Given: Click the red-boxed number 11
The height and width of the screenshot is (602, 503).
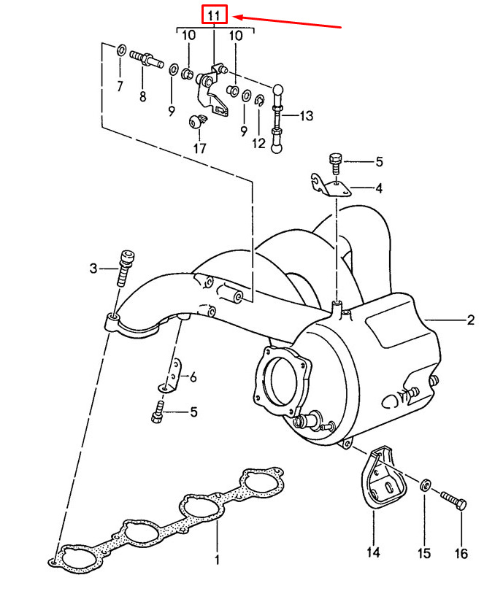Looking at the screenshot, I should coord(215,15).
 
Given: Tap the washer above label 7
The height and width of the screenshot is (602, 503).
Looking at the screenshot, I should coord(121,51).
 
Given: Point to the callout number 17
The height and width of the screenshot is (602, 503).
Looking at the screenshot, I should coord(199,148).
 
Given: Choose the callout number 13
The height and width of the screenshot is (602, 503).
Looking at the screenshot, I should coord(305,115).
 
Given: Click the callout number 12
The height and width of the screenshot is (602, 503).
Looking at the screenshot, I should coord(259,144).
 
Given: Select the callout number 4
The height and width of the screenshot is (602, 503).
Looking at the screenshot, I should coord(378,188).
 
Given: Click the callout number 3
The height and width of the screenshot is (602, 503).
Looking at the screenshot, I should coord(93,269).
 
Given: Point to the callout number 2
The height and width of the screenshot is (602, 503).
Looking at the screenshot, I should coord(470,320).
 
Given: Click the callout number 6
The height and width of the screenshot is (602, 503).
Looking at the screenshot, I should coord(193,377).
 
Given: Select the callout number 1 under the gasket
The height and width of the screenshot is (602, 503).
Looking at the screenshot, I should coord(217,560).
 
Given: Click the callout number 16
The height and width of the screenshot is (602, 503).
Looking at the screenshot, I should coord(461,554).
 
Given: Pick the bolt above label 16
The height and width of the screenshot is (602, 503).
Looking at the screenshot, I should coord(455,501).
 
